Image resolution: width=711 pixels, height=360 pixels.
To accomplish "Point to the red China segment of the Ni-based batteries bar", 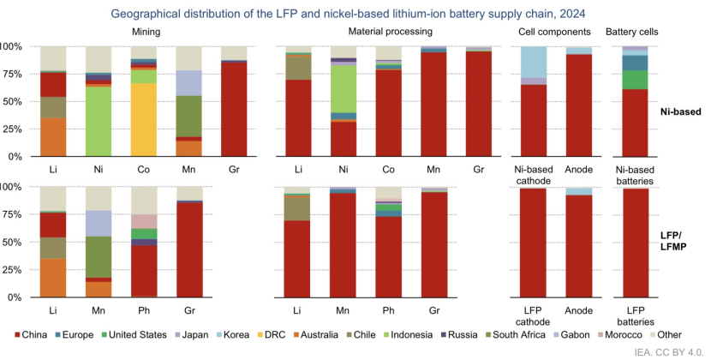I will click(635, 123).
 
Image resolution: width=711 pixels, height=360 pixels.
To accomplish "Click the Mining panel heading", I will click(144, 31).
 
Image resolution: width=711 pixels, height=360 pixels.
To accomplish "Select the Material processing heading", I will click(387, 31).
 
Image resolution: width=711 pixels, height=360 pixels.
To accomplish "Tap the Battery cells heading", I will click(635, 31).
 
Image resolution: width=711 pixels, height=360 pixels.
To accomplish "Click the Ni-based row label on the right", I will click(681, 111).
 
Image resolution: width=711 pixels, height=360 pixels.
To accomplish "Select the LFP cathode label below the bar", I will click(535, 314).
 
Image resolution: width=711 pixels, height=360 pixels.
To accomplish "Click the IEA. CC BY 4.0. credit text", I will click(671, 351).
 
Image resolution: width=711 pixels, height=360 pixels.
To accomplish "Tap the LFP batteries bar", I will click(635, 243).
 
